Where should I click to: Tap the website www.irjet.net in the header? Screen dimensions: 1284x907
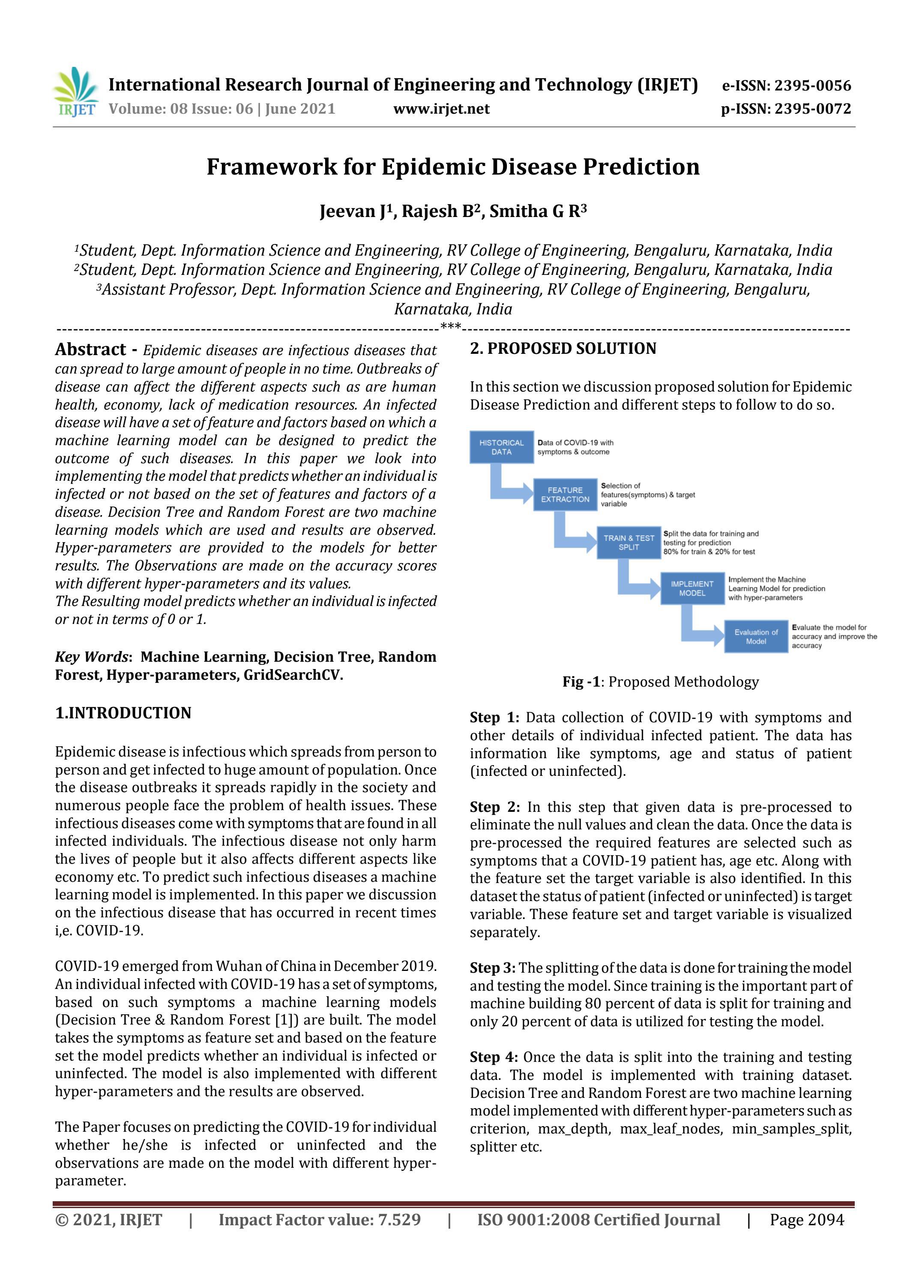(x=441, y=109)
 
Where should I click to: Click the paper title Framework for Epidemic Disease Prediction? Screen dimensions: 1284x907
(x=453, y=167)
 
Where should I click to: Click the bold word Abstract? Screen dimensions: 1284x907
(x=90, y=350)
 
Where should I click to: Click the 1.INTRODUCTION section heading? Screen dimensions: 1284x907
(x=123, y=713)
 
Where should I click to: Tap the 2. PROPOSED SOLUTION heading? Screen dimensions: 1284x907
(x=563, y=348)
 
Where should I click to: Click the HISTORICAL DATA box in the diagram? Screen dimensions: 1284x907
(x=501, y=447)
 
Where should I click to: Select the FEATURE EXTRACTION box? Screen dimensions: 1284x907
(x=565, y=495)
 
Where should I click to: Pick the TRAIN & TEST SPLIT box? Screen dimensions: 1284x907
(x=628, y=543)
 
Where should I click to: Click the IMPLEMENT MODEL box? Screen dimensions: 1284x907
(x=692, y=589)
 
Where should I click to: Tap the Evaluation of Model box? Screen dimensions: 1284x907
(x=756, y=636)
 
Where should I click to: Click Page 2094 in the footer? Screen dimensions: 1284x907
(x=806, y=1220)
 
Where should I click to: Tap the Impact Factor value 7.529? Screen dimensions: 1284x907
(x=319, y=1220)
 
